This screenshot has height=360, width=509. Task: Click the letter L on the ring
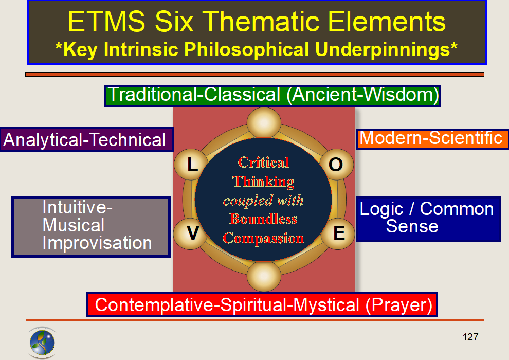coord(192,166)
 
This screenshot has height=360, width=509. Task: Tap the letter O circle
coord(336,165)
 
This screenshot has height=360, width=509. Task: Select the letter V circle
coord(192,233)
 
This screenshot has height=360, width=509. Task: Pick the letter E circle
coord(339,233)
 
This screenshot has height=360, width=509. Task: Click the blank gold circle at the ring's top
coord(264,122)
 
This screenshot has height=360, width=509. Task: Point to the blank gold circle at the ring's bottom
coord(264,276)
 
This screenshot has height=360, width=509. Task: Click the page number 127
coord(470,337)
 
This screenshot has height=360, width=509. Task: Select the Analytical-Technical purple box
coord(86,140)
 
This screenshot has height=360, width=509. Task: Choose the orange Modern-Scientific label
coord(431,138)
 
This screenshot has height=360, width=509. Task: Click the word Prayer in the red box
coord(398,305)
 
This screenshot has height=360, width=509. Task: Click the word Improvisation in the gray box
coord(97,243)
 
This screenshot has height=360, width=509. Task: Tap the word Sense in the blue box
coord(412,226)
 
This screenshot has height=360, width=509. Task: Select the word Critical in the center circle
coord(264,163)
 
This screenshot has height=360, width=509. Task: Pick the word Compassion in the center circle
coord(264,239)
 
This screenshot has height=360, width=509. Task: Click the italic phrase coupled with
coord(263,201)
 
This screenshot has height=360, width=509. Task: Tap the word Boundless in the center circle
coord(263,220)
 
